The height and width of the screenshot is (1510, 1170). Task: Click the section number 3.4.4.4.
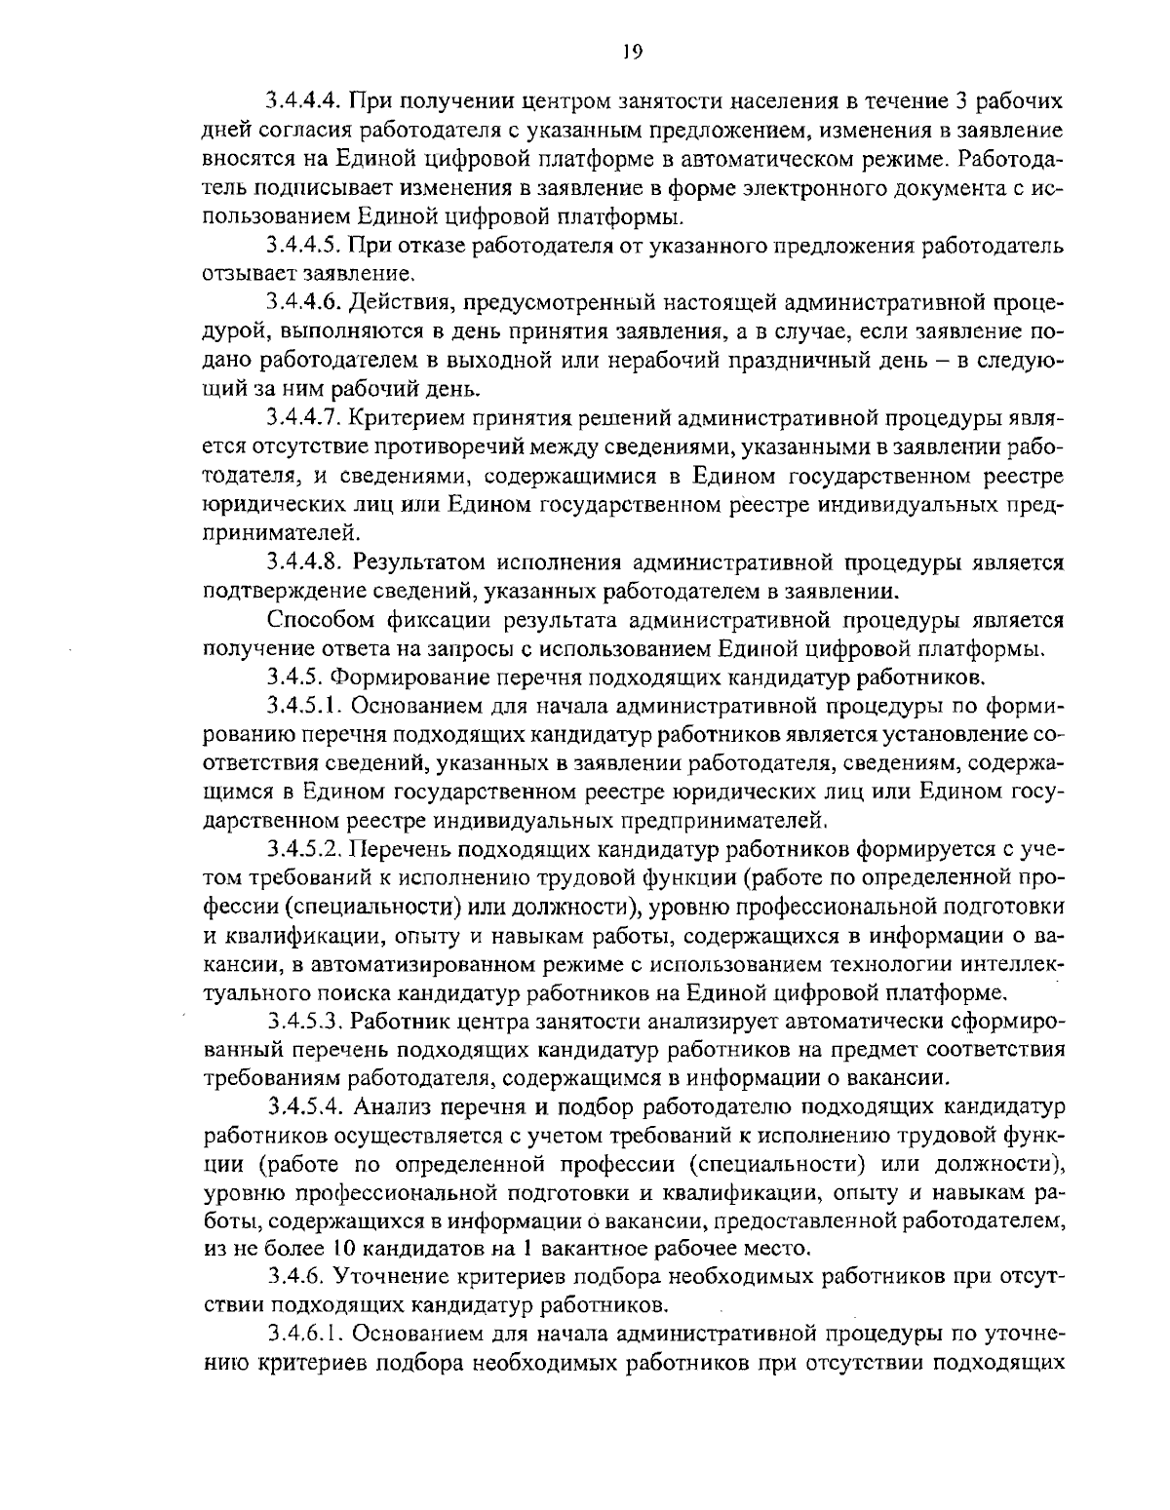coord(302,101)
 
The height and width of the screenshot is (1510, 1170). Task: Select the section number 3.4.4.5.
coord(302,244)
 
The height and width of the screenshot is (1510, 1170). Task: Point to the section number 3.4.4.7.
coord(302,419)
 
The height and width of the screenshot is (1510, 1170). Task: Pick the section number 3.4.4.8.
coord(304,562)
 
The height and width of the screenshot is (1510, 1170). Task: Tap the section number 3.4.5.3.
coord(302,1022)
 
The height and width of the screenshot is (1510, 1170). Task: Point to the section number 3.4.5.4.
coord(304,1107)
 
